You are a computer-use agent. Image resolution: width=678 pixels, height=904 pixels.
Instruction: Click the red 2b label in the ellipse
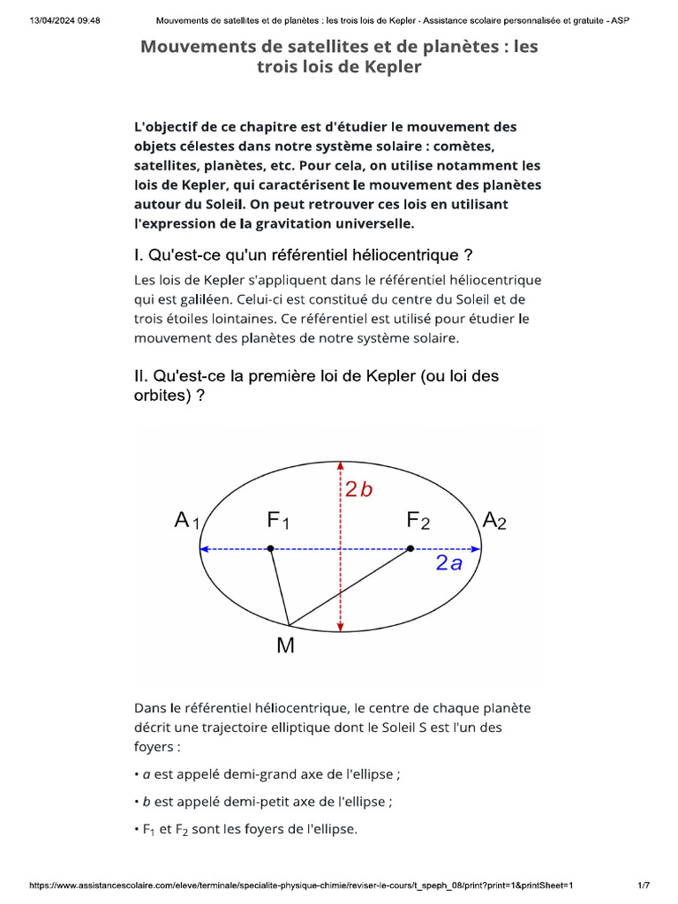(x=359, y=489)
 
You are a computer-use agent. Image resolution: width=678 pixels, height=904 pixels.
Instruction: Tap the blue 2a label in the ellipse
(x=448, y=564)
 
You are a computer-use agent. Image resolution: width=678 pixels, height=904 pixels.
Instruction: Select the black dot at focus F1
(x=271, y=549)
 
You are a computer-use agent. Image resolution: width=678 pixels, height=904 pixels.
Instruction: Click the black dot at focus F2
(x=410, y=549)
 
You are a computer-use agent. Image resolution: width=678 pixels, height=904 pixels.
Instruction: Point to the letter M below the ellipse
(x=285, y=646)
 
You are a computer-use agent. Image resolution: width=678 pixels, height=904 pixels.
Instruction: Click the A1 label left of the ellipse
(x=188, y=522)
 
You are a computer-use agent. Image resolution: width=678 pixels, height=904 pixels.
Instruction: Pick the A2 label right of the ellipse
(x=494, y=521)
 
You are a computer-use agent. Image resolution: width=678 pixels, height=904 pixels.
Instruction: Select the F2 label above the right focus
(x=418, y=522)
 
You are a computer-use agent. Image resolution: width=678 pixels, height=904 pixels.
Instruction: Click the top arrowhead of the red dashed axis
(x=341, y=467)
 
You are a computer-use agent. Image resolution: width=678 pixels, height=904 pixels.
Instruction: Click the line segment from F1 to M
(x=279, y=584)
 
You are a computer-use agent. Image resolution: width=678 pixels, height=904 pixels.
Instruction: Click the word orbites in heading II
(x=160, y=395)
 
